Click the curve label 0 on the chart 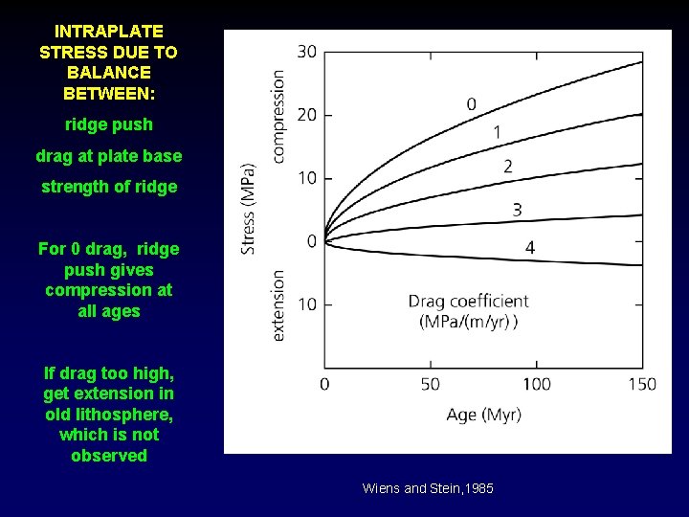pos(472,103)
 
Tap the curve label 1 pos(497,132)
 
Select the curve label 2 pos(507,167)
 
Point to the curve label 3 pos(517,210)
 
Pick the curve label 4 pos(530,248)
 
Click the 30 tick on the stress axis pos(306,52)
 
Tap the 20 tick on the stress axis pos(306,115)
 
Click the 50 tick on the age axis pos(431,384)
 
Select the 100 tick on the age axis pos(537,384)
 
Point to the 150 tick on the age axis pos(642,384)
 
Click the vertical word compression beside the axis pos(278,116)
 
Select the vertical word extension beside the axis pos(278,304)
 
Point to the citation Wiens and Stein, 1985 pos(428,488)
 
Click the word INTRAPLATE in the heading pos(108,32)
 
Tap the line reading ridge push pos(108,124)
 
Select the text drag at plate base pos(108,155)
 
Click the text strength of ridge pos(108,187)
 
